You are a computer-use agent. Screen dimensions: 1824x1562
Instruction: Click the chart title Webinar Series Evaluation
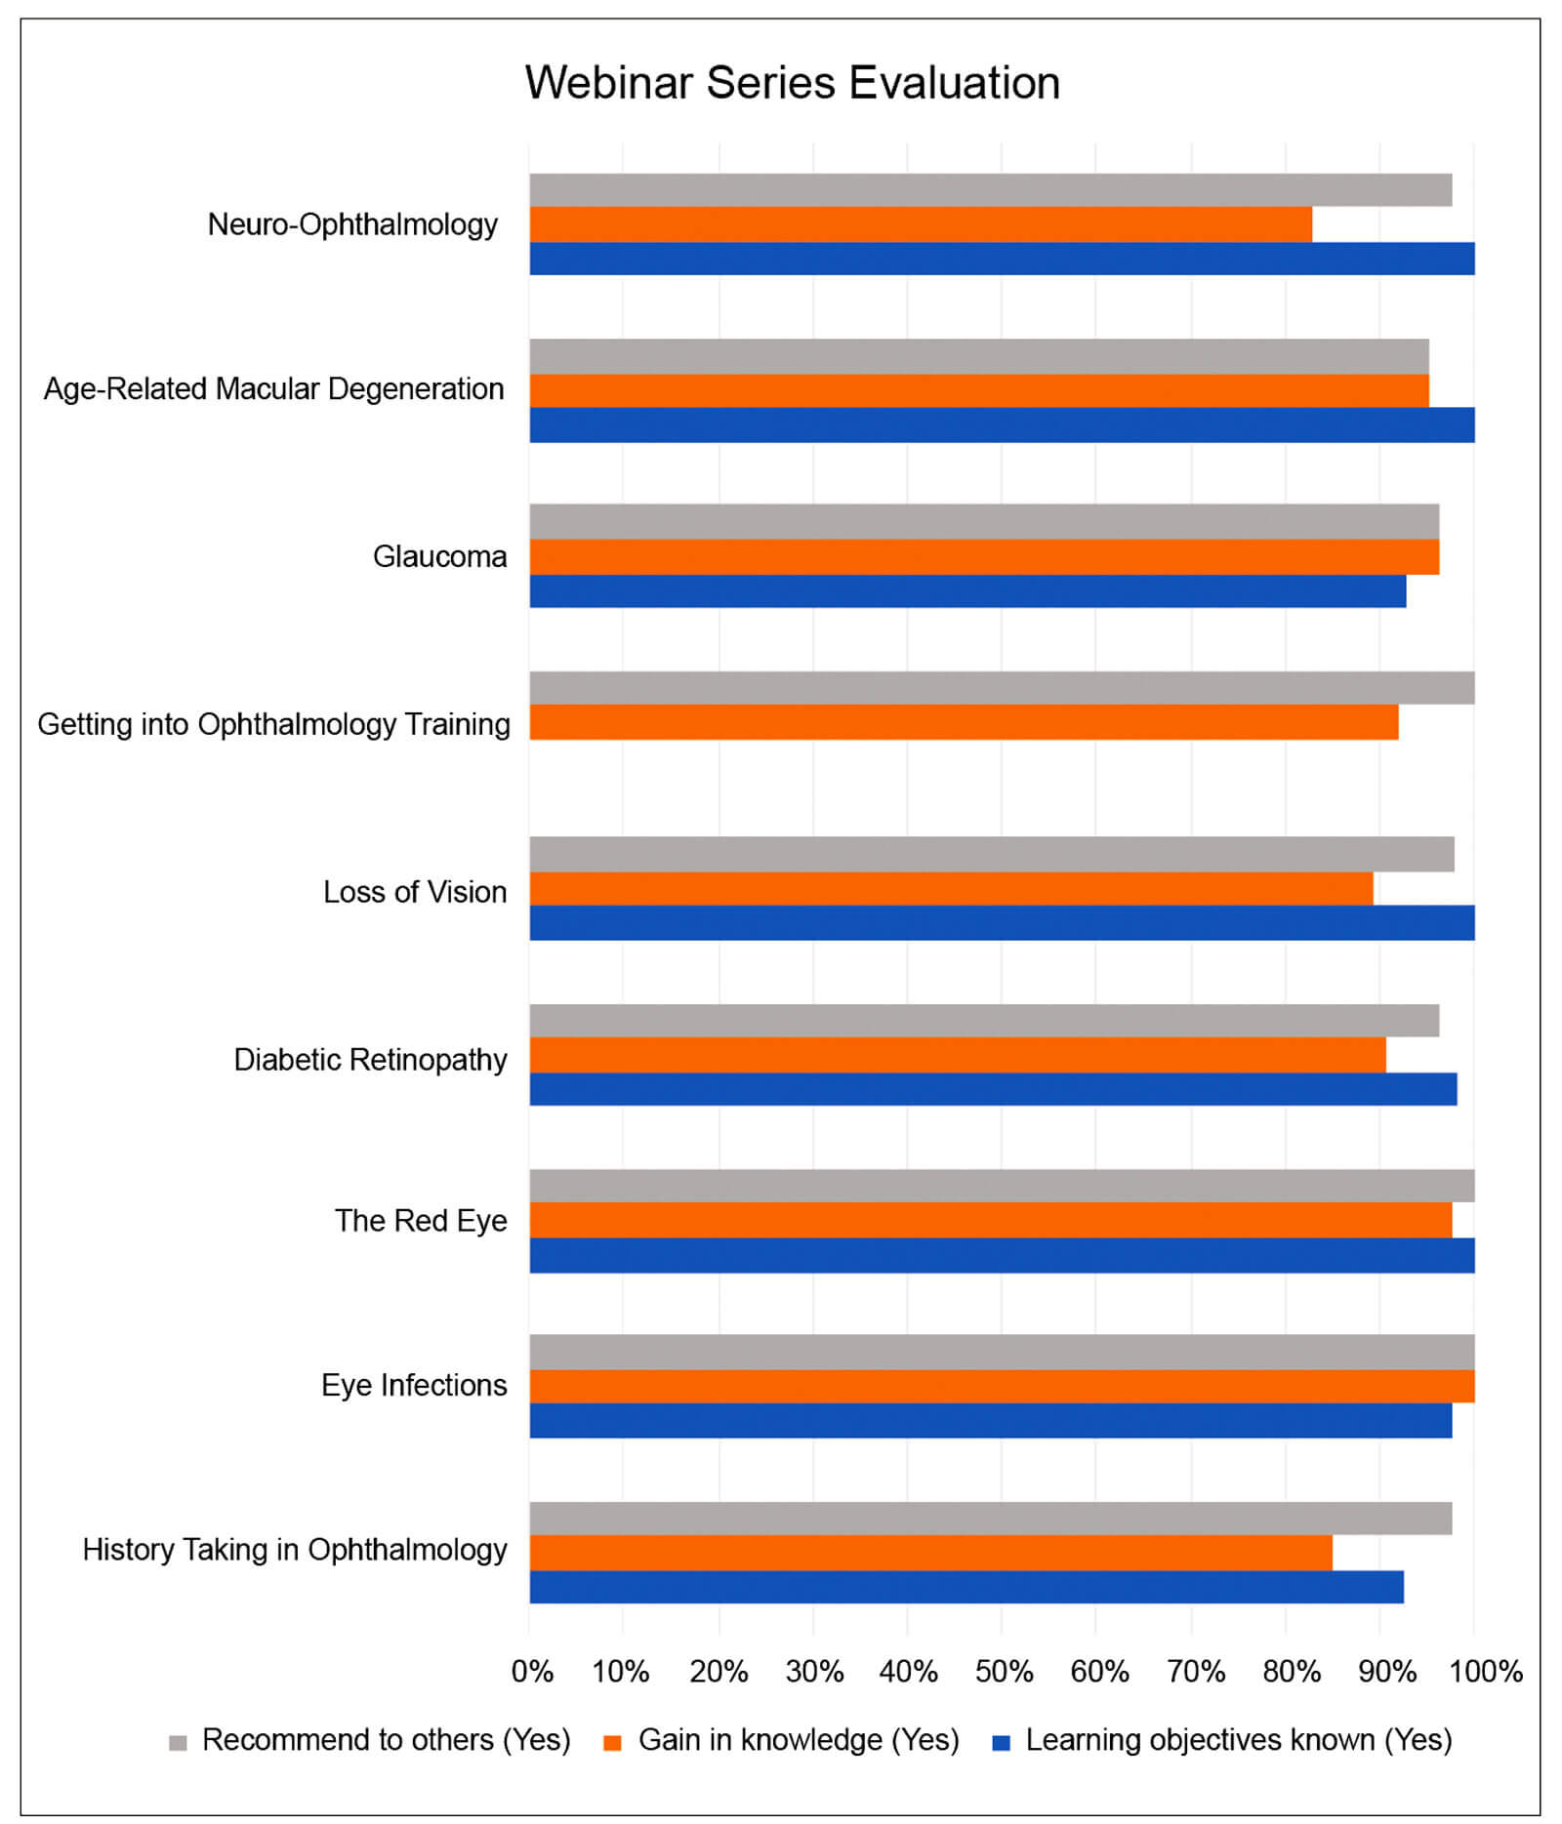792,83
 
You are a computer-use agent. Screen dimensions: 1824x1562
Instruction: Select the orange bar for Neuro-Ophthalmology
920,224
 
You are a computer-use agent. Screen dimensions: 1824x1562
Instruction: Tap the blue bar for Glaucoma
966,591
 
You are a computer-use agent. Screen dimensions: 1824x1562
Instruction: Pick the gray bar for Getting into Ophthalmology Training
1001,688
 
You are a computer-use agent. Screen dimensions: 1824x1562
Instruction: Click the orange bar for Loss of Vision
950,889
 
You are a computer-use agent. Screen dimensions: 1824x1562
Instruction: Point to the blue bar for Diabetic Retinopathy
992,1089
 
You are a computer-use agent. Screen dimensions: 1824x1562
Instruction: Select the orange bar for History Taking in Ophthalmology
929,1553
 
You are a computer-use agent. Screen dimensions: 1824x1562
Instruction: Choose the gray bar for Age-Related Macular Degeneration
978,356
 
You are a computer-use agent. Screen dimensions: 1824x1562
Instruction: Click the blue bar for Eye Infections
990,1421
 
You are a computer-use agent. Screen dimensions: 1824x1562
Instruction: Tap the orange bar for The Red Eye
990,1220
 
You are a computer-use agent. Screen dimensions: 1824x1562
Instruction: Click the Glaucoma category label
439,557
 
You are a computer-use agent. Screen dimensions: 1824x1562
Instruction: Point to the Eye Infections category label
414,1386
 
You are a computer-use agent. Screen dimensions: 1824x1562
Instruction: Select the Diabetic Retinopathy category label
370,1060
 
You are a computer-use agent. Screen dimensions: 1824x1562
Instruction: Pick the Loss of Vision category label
415,892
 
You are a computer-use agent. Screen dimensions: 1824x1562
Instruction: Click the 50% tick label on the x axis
1004,1672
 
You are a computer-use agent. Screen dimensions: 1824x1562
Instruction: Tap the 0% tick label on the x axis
532,1672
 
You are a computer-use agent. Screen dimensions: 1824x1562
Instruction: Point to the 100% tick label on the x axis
1485,1672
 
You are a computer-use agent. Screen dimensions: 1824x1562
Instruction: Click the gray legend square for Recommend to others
178,1743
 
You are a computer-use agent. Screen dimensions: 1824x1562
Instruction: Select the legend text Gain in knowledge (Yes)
799,1740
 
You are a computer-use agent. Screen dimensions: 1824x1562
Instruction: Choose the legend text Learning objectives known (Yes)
1238,1740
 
